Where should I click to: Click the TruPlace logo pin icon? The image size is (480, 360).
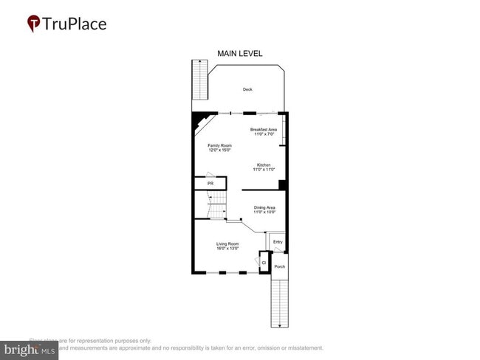tap(34, 24)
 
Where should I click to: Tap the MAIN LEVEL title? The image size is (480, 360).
tap(239, 53)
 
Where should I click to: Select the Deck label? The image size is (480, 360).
tap(247, 90)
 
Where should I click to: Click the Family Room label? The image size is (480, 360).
tap(218, 145)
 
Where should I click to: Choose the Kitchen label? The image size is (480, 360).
tap(264, 164)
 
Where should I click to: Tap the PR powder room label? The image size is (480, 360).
tap(210, 183)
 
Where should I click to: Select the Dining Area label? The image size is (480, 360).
tap(264, 207)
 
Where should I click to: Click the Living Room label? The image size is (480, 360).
tap(227, 243)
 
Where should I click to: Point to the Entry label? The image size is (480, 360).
tap(278, 242)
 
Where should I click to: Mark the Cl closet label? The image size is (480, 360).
tap(264, 262)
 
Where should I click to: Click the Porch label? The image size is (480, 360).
tap(280, 266)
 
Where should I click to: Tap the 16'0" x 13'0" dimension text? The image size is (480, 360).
tap(227, 249)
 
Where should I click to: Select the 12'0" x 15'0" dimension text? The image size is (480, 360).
tap(218, 150)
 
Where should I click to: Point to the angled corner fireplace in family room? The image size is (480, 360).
tap(200, 121)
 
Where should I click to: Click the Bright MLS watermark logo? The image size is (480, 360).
tap(30, 350)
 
